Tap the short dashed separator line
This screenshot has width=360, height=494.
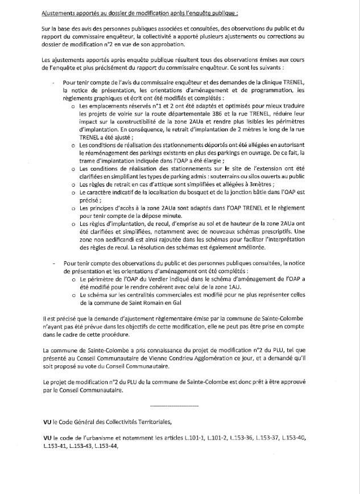173,405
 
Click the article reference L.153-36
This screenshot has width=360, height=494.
264,439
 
